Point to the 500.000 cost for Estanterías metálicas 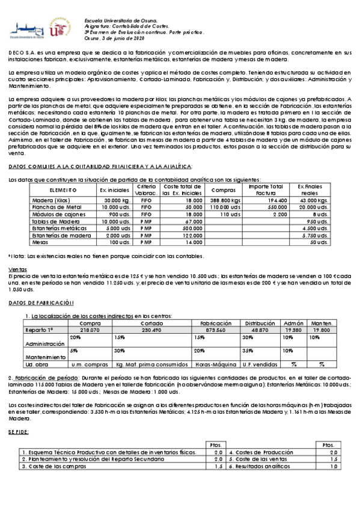click(x=192, y=228)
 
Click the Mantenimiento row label click(x=40, y=357)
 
